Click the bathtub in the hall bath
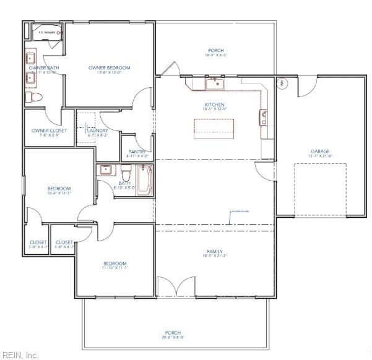pos(144,181)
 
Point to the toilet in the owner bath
pos(36,98)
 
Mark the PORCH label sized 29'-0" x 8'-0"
pos(174,335)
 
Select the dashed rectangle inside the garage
pos(319,190)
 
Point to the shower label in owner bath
pos(47,32)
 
